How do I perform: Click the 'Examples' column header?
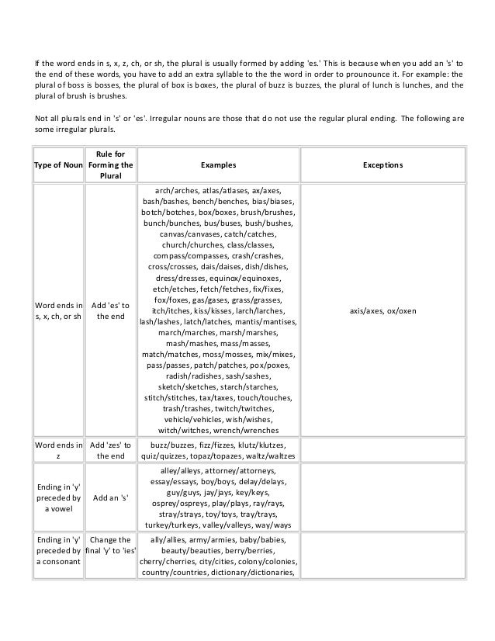click(219, 165)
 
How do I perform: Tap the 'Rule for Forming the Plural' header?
click(111, 165)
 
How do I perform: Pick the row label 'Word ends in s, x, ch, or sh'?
click(57, 310)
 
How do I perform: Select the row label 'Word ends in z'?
click(57, 451)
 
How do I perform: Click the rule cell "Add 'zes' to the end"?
click(111, 451)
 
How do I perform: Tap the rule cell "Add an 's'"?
click(111, 497)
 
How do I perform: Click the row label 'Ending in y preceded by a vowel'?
click(57, 497)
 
